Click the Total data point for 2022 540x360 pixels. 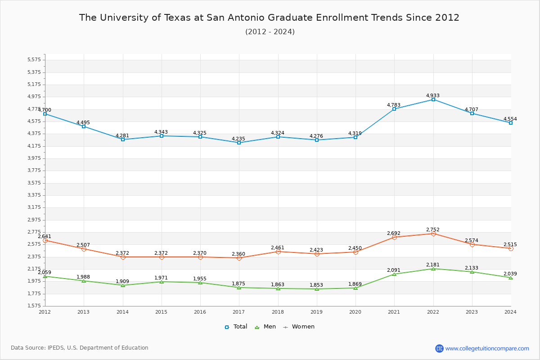click(x=433, y=99)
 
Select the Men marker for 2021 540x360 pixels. click(x=394, y=274)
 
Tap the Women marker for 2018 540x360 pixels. click(x=278, y=252)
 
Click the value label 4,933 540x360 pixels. click(x=433, y=95)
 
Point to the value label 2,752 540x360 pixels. click(x=433, y=229)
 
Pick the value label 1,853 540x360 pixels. click(x=316, y=285)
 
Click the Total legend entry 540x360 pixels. click(x=236, y=327)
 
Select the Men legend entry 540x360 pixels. click(x=265, y=327)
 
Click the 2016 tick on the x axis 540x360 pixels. click(x=200, y=312)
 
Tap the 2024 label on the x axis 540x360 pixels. click(x=510, y=312)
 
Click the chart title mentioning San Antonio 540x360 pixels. click(x=269, y=18)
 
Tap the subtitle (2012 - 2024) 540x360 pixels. click(x=270, y=32)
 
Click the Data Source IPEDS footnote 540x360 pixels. click(x=80, y=348)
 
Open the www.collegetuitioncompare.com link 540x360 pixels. click(x=487, y=348)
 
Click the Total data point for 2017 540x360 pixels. click(x=239, y=143)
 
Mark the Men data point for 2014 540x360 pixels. click(x=123, y=285)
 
